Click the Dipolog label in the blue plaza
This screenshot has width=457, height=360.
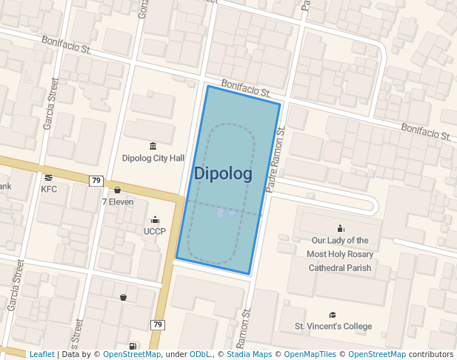coord(223,173)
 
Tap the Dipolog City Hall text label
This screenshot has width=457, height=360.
coord(153,158)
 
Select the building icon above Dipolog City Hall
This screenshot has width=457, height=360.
coord(153,146)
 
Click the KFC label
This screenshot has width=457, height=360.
coord(49,189)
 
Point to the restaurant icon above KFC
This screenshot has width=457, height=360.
coord(49,178)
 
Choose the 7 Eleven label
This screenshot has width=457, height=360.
coord(118,201)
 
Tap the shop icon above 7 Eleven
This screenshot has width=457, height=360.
coord(118,190)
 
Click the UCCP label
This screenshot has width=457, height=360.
coord(155,231)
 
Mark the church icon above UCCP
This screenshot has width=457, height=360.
coord(155,220)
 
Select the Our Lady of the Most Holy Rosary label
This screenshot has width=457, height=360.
coord(340,253)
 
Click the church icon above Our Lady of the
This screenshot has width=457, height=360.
coord(341,228)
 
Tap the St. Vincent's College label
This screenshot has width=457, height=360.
coord(333,326)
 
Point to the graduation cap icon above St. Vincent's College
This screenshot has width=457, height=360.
coord(333,315)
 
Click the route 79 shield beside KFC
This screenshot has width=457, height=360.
coord(96,181)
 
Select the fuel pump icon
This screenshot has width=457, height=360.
coord(133,346)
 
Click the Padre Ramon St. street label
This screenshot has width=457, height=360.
coord(275,159)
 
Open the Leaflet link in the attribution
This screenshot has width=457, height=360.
coord(41,354)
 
